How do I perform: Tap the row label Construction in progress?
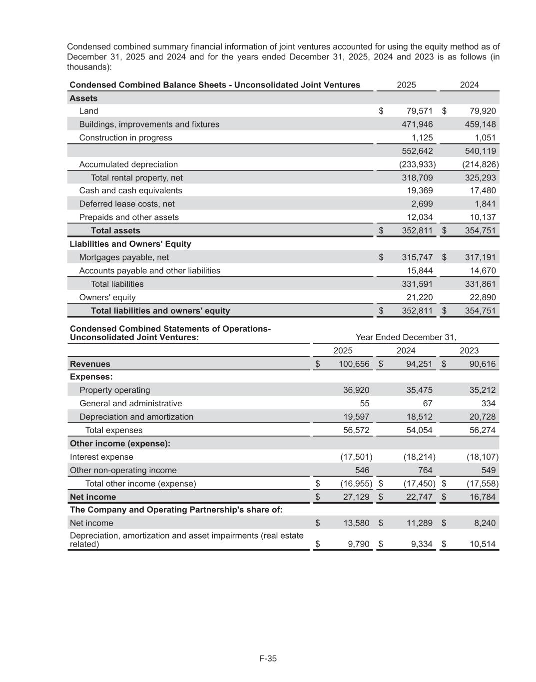click(x=125, y=137)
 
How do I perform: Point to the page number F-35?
click(x=268, y=658)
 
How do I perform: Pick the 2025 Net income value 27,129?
click(x=354, y=497)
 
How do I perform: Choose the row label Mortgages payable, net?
click(x=124, y=257)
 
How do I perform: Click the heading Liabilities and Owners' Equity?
click(x=130, y=244)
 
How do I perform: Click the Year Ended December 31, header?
click(x=406, y=337)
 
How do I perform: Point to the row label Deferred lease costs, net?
click(x=127, y=204)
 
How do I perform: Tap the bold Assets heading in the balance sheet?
click(x=83, y=98)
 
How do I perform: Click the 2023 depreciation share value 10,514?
click(x=483, y=544)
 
